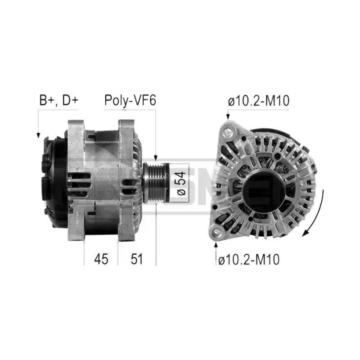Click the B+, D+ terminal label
[x=59, y=100]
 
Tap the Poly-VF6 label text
[x=130, y=100]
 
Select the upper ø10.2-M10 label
[x=258, y=100]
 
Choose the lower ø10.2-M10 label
[x=249, y=260]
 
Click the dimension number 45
[x=101, y=259]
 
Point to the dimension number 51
[x=137, y=259]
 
